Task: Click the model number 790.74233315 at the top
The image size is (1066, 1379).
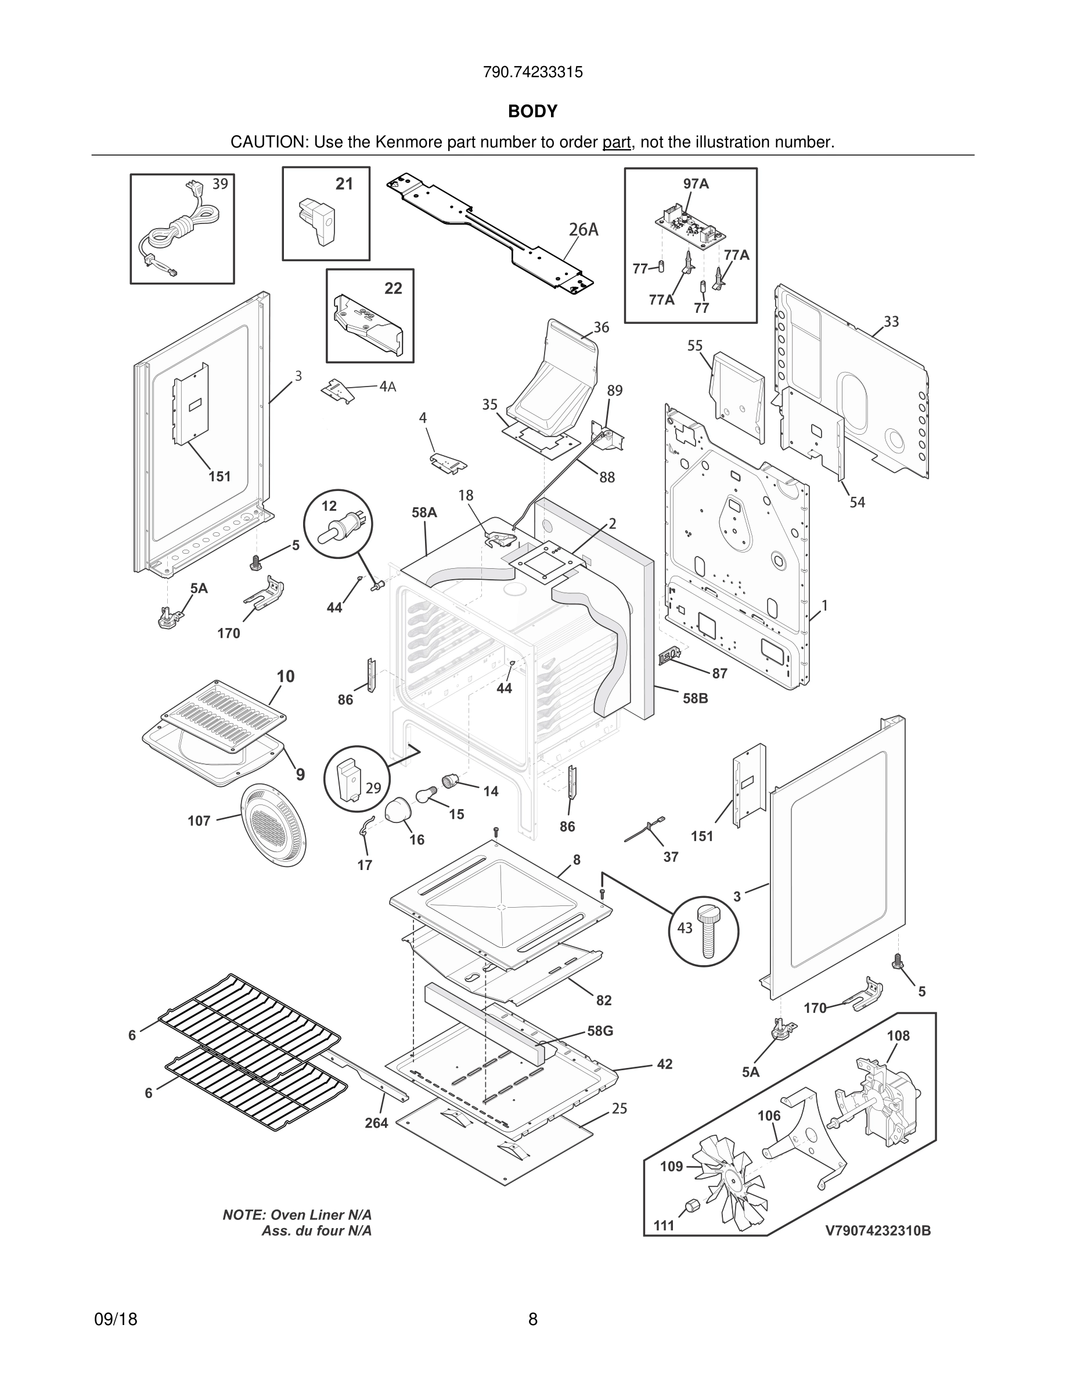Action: (532, 73)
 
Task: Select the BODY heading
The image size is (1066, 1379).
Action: (532, 112)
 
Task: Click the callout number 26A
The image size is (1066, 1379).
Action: (583, 230)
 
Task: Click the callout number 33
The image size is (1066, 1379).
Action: (891, 322)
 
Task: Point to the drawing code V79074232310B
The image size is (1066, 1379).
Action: (878, 1230)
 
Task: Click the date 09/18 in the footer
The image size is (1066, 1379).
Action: (116, 1320)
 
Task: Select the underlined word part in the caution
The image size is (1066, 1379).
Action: (617, 143)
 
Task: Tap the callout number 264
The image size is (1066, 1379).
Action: (376, 1122)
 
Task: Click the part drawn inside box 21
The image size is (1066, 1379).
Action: (318, 221)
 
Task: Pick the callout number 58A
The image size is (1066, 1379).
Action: (424, 512)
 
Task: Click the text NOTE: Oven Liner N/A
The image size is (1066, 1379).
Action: (297, 1215)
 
